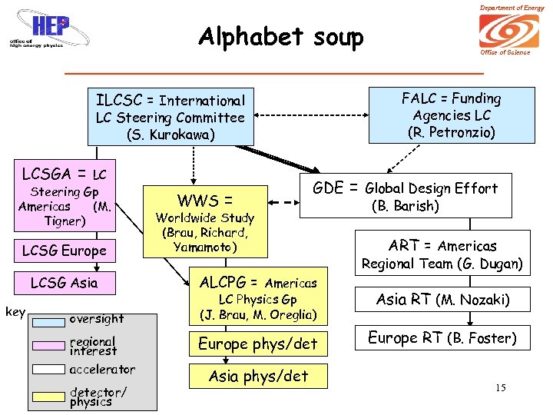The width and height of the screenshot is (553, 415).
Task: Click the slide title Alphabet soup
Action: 280,37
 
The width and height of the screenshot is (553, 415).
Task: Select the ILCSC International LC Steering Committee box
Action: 171,117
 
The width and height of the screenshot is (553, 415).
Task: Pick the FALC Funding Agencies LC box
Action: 452,115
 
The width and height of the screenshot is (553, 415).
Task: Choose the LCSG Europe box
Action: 65,251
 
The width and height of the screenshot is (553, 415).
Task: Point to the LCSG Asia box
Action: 65,283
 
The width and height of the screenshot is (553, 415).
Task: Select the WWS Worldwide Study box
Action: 204,221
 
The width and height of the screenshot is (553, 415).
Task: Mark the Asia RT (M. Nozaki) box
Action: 442,299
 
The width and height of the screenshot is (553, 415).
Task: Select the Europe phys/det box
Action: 258,344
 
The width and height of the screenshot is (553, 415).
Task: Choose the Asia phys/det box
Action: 258,376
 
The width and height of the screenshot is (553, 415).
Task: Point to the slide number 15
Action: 500,387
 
